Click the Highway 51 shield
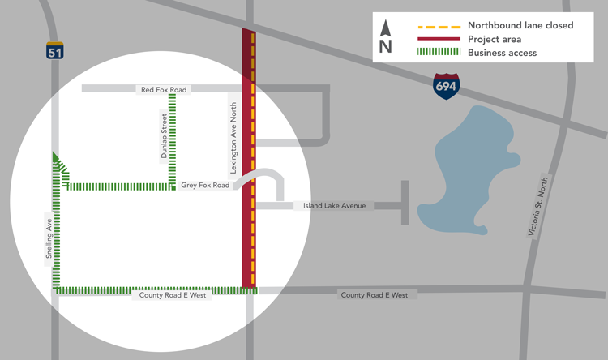pos(54,50)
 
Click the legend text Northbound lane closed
pos(520,25)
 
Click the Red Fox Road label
pos(163,90)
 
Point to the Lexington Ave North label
pos(233,139)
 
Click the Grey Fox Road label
pos(206,186)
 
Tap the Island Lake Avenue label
pos(334,206)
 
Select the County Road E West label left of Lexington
pos(172,296)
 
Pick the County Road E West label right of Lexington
pos(374,295)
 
